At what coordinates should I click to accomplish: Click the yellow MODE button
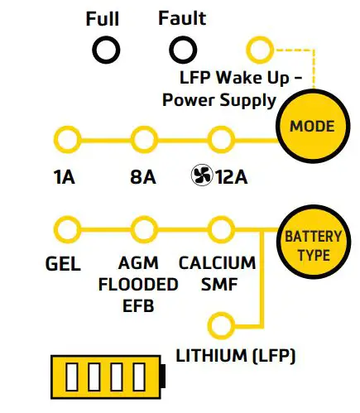tap(312, 127)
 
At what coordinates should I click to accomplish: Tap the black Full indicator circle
tap(105, 51)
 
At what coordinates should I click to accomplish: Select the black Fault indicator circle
tap(181, 51)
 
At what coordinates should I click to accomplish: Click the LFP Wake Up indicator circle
tap(260, 50)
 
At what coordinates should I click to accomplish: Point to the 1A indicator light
tap(64, 137)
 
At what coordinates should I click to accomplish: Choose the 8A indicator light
tap(143, 137)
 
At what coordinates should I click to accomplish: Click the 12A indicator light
tap(219, 137)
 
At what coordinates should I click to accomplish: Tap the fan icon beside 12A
tap(199, 176)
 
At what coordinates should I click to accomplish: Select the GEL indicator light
tap(64, 228)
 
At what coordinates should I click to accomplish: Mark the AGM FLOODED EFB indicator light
tap(143, 228)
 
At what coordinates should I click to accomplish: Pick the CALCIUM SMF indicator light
tap(219, 228)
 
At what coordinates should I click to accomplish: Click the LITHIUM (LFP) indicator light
tap(219, 323)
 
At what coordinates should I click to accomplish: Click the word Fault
tap(181, 18)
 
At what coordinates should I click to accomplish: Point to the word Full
tap(103, 18)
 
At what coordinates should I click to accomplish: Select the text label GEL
tap(63, 265)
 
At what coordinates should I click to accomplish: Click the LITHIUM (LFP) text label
tap(236, 357)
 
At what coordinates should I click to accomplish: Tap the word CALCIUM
tap(217, 264)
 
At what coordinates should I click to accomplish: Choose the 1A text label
tap(63, 177)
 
